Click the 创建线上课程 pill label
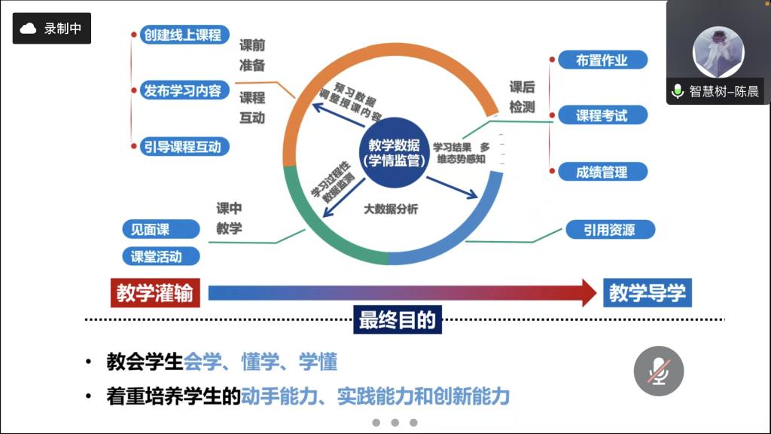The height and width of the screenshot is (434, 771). (x=181, y=35)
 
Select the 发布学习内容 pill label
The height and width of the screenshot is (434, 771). (x=181, y=90)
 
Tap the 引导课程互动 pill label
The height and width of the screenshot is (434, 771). (x=181, y=146)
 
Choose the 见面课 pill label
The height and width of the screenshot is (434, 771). (x=151, y=229)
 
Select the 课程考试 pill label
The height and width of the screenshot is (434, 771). (x=602, y=116)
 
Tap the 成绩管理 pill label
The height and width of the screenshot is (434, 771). (x=602, y=172)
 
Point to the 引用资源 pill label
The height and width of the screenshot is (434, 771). (x=609, y=230)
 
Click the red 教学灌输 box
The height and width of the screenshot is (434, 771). (x=155, y=292)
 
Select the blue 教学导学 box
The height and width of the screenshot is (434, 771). (x=648, y=292)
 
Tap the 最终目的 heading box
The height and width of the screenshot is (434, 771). (x=397, y=319)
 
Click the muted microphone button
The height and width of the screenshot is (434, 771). (x=659, y=371)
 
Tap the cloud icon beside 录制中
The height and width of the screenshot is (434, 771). (x=29, y=29)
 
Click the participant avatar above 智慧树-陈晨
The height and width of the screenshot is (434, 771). (x=718, y=51)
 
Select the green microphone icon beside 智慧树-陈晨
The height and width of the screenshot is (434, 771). (x=678, y=92)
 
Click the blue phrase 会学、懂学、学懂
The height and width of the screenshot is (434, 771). (x=261, y=362)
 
